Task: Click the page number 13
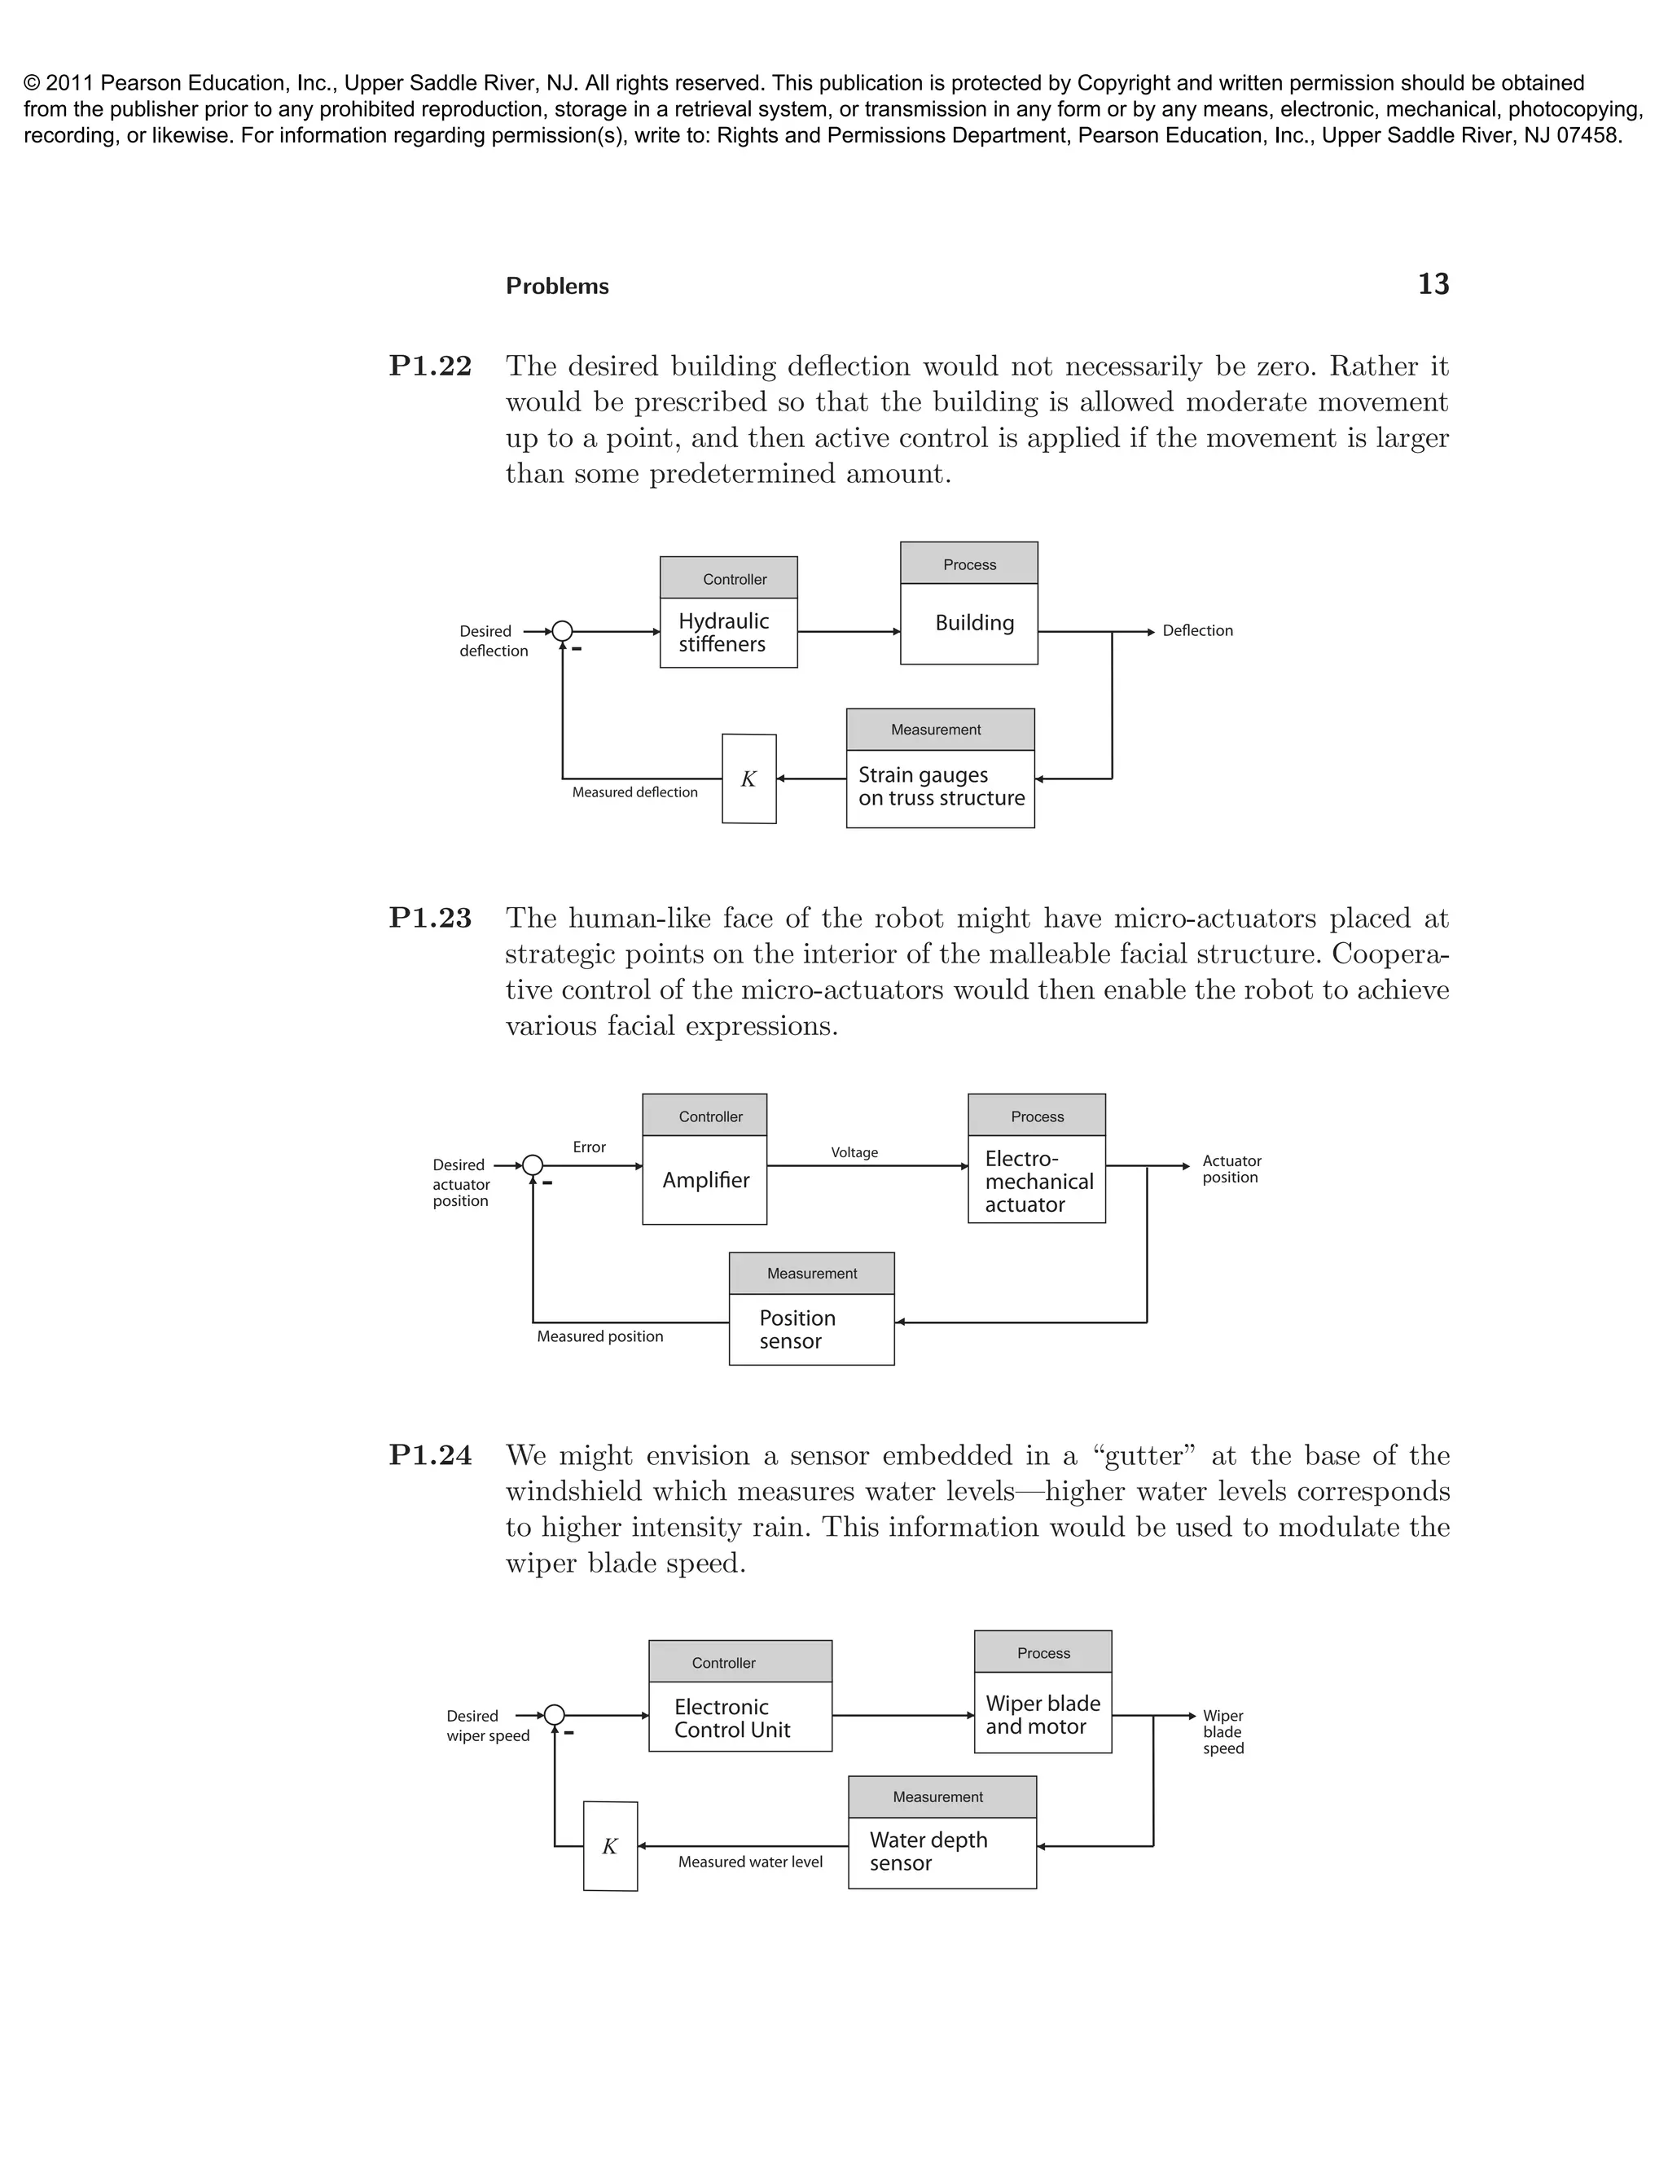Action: point(1433,284)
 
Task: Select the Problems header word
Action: point(557,287)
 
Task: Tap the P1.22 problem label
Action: point(430,366)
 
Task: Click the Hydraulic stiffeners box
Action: point(728,633)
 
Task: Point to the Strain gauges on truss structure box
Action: point(940,787)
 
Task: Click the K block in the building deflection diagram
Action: point(749,779)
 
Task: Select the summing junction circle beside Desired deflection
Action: point(562,631)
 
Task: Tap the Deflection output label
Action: point(1196,630)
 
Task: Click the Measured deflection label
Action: point(634,792)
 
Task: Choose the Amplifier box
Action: point(705,1180)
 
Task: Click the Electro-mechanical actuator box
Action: point(1037,1180)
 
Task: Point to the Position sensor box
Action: point(811,1329)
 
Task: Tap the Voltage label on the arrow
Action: point(854,1152)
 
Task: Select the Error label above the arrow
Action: point(589,1147)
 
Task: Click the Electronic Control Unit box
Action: point(740,1717)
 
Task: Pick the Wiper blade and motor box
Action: point(1042,1714)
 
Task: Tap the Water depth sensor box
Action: point(942,1852)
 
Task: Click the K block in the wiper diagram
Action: point(610,1846)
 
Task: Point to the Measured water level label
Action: point(750,1862)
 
